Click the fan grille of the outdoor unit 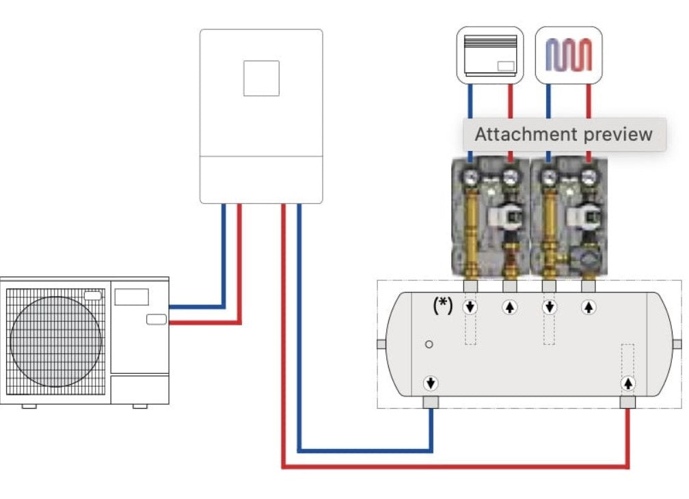pos(56,340)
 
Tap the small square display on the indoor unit pos(261,78)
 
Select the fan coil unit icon pos(490,55)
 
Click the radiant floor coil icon pos(569,55)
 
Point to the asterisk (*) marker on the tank pos(443,306)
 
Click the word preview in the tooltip pos(619,134)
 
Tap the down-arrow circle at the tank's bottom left pos(431,382)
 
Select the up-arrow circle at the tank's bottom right pos(627,382)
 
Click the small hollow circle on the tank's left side pos(429,344)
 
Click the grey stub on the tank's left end pos(381,344)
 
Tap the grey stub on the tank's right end pos(677,344)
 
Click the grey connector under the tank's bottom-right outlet pos(627,402)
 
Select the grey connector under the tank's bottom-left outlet pos(431,402)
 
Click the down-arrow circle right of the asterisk pos(470,307)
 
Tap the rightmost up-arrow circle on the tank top pos(589,307)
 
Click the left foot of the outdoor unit pos(29,407)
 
